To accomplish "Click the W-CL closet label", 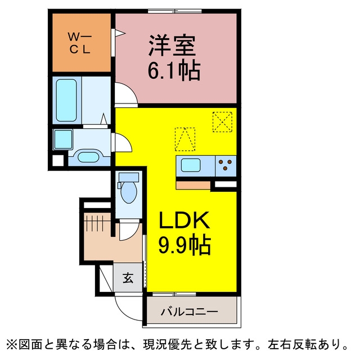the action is (x=80, y=43).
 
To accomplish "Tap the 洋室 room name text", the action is (x=172, y=46).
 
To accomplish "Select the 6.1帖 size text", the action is (x=174, y=70).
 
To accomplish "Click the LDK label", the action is (x=184, y=220).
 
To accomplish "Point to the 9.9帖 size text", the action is (x=184, y=245).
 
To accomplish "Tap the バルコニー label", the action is (x=189, y=312).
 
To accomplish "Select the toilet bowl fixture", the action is (x=128, y=188).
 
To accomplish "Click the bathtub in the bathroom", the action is (x=66, y=100).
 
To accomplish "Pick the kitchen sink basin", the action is (x=191, y=165).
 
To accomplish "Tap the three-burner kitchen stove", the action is (x=226, y=166).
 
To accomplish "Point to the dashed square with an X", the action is (x=222, y=121).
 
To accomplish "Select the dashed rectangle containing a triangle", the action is (x=185, y=139).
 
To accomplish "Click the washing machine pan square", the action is (x=63, y=139).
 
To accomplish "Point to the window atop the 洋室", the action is (x=175, y=11).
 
